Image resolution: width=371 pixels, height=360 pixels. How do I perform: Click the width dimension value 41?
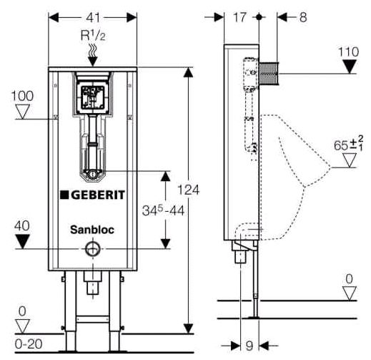pos(91,15)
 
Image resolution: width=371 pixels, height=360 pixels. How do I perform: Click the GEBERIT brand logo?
pos(92,194)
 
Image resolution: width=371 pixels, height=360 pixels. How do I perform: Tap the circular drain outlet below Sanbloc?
pos(91,249)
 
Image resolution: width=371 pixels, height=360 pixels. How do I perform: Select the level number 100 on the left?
pos(21,95)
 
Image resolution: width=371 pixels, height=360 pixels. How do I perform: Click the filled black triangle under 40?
pos(22,240)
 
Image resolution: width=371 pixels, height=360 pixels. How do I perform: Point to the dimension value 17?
pos(240,15)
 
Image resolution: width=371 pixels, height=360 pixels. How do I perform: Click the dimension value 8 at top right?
pos(303,15)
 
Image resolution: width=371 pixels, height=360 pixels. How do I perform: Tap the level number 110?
pos(348,51)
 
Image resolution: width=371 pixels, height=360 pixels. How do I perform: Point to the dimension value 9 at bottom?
pos(249,346)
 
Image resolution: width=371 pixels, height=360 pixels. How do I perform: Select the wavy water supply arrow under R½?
pos(91,49)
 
